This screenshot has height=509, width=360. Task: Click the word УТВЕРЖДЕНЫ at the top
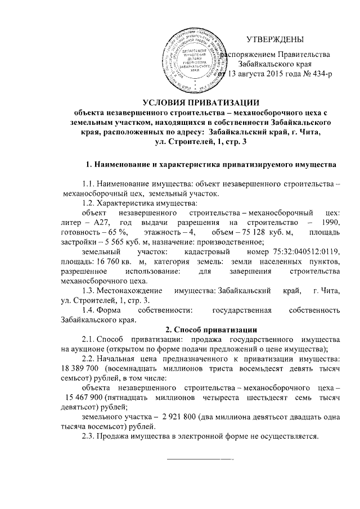click(275, 39)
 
